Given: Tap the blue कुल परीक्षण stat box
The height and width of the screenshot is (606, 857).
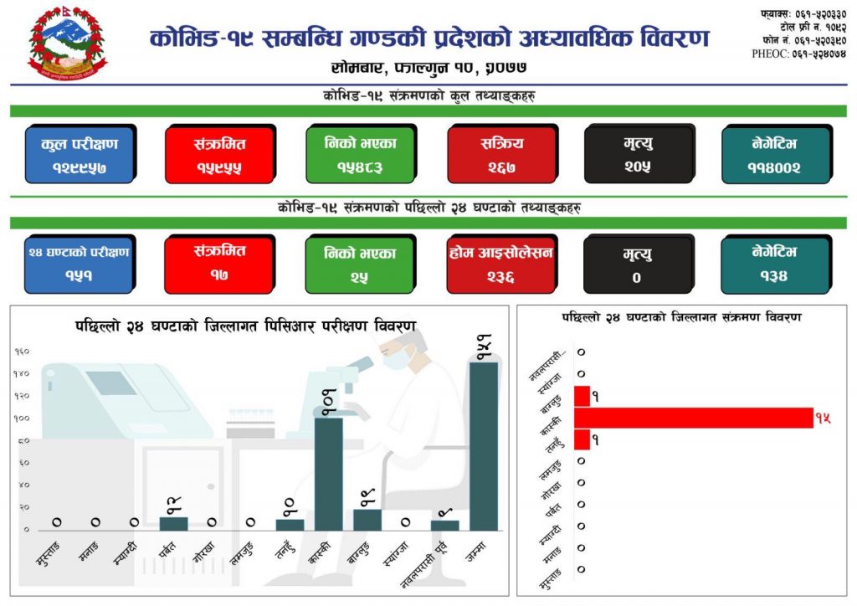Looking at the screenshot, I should pos(80,154).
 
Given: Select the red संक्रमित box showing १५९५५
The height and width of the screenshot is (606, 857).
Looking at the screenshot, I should pos(219,154).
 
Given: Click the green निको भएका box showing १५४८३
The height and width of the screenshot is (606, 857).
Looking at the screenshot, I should pos(360,154).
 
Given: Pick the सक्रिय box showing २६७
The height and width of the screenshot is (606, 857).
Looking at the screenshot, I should pos(501,154).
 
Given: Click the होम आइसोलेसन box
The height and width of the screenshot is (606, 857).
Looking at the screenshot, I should pos(501,263).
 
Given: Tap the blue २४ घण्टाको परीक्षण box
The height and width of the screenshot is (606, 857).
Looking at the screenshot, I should pos(80,263).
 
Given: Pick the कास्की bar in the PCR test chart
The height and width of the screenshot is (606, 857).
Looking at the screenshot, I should pos(329,473).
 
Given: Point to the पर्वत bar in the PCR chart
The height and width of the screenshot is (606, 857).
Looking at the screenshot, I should pos(174,523).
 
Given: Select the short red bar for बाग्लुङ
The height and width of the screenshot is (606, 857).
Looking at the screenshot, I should pos(582,396).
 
